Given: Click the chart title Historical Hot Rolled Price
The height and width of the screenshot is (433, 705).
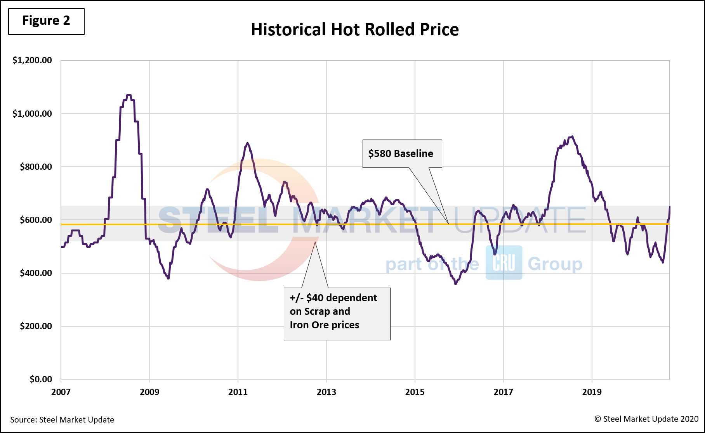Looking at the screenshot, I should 354,29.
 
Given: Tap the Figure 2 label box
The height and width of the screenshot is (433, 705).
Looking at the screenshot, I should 46,21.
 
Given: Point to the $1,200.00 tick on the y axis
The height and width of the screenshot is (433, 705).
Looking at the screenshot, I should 32,60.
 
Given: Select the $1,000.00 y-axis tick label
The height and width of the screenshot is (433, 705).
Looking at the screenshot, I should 32,114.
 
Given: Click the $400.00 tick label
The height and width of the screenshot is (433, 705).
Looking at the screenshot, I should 36,273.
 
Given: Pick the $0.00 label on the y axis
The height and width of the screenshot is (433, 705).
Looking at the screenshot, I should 40,379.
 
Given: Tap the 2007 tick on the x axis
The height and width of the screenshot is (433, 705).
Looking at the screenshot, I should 61,392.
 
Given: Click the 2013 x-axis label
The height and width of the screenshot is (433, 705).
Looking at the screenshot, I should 326,392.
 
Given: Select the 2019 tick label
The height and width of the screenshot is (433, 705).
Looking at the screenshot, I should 592,392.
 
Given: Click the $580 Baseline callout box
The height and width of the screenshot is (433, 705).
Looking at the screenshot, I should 402,154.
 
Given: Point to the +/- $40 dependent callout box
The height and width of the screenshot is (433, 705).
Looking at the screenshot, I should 337,314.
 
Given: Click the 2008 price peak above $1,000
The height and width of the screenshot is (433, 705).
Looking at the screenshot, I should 129,95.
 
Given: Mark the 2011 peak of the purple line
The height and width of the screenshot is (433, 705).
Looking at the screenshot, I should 248,143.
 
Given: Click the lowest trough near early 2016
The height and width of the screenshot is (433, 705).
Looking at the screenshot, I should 456,284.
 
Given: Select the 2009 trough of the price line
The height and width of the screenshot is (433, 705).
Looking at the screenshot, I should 168,278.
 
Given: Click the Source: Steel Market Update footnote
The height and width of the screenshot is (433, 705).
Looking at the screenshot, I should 62,420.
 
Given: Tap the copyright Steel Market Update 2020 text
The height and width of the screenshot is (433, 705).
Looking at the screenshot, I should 646,419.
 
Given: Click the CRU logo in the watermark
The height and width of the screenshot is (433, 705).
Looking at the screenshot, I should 504,263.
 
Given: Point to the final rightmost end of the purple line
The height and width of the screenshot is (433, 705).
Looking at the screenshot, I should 670,207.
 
